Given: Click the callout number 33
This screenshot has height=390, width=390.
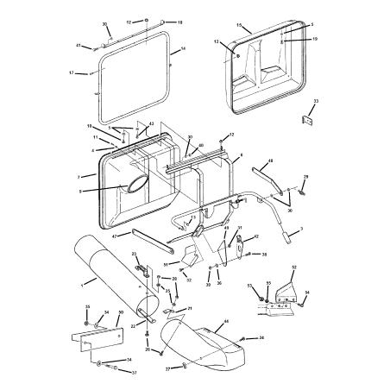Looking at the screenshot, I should [x=316, y=102].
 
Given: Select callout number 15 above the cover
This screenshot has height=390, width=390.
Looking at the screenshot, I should [x=238, y=26].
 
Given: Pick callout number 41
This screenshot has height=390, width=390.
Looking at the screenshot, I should [x=78, y=45].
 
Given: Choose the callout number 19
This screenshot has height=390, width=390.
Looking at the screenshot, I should [x=315, y=40].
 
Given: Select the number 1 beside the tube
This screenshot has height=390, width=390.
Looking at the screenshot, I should [x=82, y=283].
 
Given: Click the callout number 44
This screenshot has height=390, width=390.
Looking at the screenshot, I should [x=226, y=321].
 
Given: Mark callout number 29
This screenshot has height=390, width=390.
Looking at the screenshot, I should [x=305, y=177].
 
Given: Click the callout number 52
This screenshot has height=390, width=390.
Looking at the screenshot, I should [x=293, y=267].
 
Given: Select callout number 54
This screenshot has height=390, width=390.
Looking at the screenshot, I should [x=305, y=293].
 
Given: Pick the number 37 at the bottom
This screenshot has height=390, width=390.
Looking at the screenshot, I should [x=134, y=373].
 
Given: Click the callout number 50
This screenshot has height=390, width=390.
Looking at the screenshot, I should [x=120, y=312].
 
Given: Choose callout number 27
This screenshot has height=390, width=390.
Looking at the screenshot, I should [x=167, y=368].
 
